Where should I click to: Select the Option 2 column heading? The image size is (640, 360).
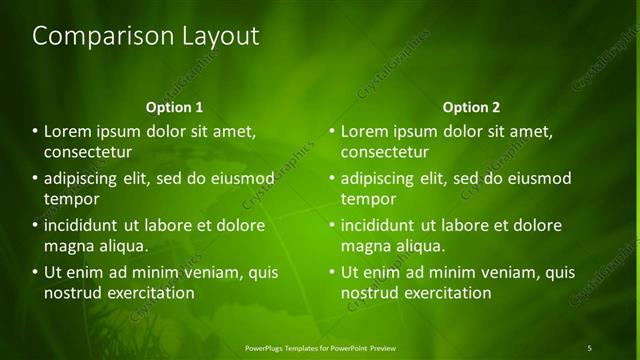(x=471, y=107)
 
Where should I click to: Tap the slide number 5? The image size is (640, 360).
(x=589, y=347)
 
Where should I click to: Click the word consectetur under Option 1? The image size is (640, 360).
(x=88, y=152)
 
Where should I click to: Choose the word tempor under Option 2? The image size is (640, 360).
(x=368, y=199)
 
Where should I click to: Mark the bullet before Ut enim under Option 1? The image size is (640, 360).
(x=35, y=272)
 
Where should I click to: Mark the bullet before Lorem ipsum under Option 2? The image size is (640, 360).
(x=332, y=131)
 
